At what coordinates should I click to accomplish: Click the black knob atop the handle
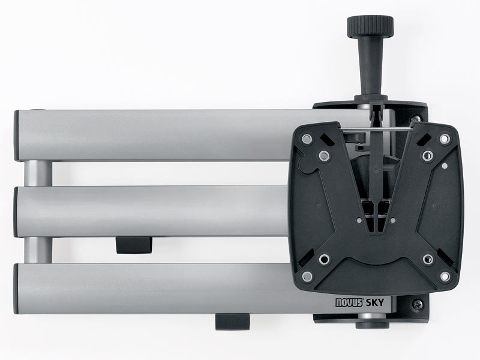pyautogui.click(x=370, y=25)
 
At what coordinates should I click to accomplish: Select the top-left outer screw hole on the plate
pyautogui.click(x=307, y=139)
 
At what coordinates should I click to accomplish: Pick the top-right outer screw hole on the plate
pyautogui.click(x=445, y=139)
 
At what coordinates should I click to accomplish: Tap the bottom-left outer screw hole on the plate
pyautogui.click(x=307, y=277)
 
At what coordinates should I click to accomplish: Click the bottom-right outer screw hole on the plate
pyautogui.click(x=445, y=277)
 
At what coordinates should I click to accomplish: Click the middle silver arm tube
pyautogui.click(x=150, y=212)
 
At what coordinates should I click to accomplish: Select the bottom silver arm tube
pyautogui.click(x=150, y=288)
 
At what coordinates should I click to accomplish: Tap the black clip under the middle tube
pyautogui.click(x=133, y=244)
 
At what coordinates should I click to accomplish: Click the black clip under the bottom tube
pyautogui.click(x=233, y=321)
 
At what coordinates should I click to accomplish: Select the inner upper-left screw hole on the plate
pyautogui.click(x=325, y=157)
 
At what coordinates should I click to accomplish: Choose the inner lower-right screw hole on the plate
pyautogui.click(x=427, y=259)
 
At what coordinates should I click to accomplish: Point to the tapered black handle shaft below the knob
pyautogui.click(x=369, y=66)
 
